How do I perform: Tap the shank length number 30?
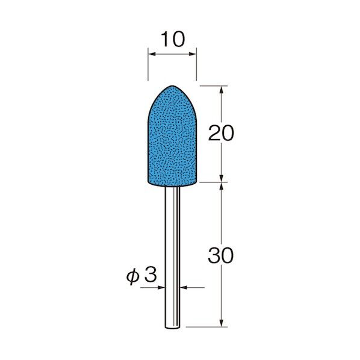point(220,255)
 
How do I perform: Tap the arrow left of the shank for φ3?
point(161,288)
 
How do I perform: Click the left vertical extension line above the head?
point(148,66)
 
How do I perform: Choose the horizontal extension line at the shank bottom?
point(205,327)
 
